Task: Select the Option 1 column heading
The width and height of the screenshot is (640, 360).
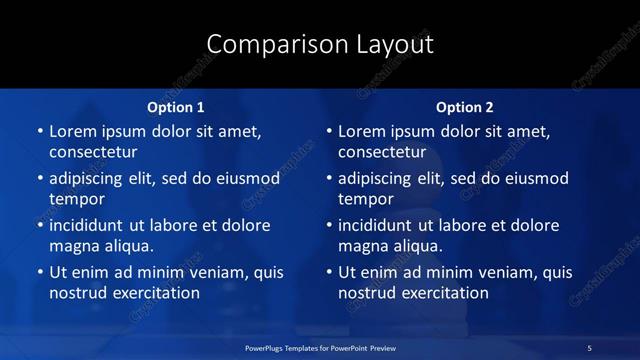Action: click(x=176, y=106)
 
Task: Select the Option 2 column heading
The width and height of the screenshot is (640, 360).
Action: click(x=465, y=106)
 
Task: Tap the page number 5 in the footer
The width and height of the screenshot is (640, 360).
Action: click(x=589, y=347)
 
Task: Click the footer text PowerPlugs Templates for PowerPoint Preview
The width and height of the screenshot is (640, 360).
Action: click(x=320, y=347)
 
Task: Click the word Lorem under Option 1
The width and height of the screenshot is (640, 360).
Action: click(x=72, y=131)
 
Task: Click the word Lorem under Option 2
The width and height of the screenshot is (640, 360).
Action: click(x=362, y=131)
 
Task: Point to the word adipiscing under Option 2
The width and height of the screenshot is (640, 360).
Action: click(x=382, y=179)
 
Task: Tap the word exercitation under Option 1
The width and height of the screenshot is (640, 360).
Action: click(x=153, y=293)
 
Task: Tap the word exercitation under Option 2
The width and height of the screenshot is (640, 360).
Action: click(x=443, y=293)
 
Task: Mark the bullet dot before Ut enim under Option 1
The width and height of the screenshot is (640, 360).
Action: click(x=40, y=272)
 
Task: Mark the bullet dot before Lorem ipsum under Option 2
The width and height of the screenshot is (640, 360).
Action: click(x=330, y=132)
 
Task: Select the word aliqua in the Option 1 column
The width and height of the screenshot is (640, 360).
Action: click(x=127, y=246)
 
